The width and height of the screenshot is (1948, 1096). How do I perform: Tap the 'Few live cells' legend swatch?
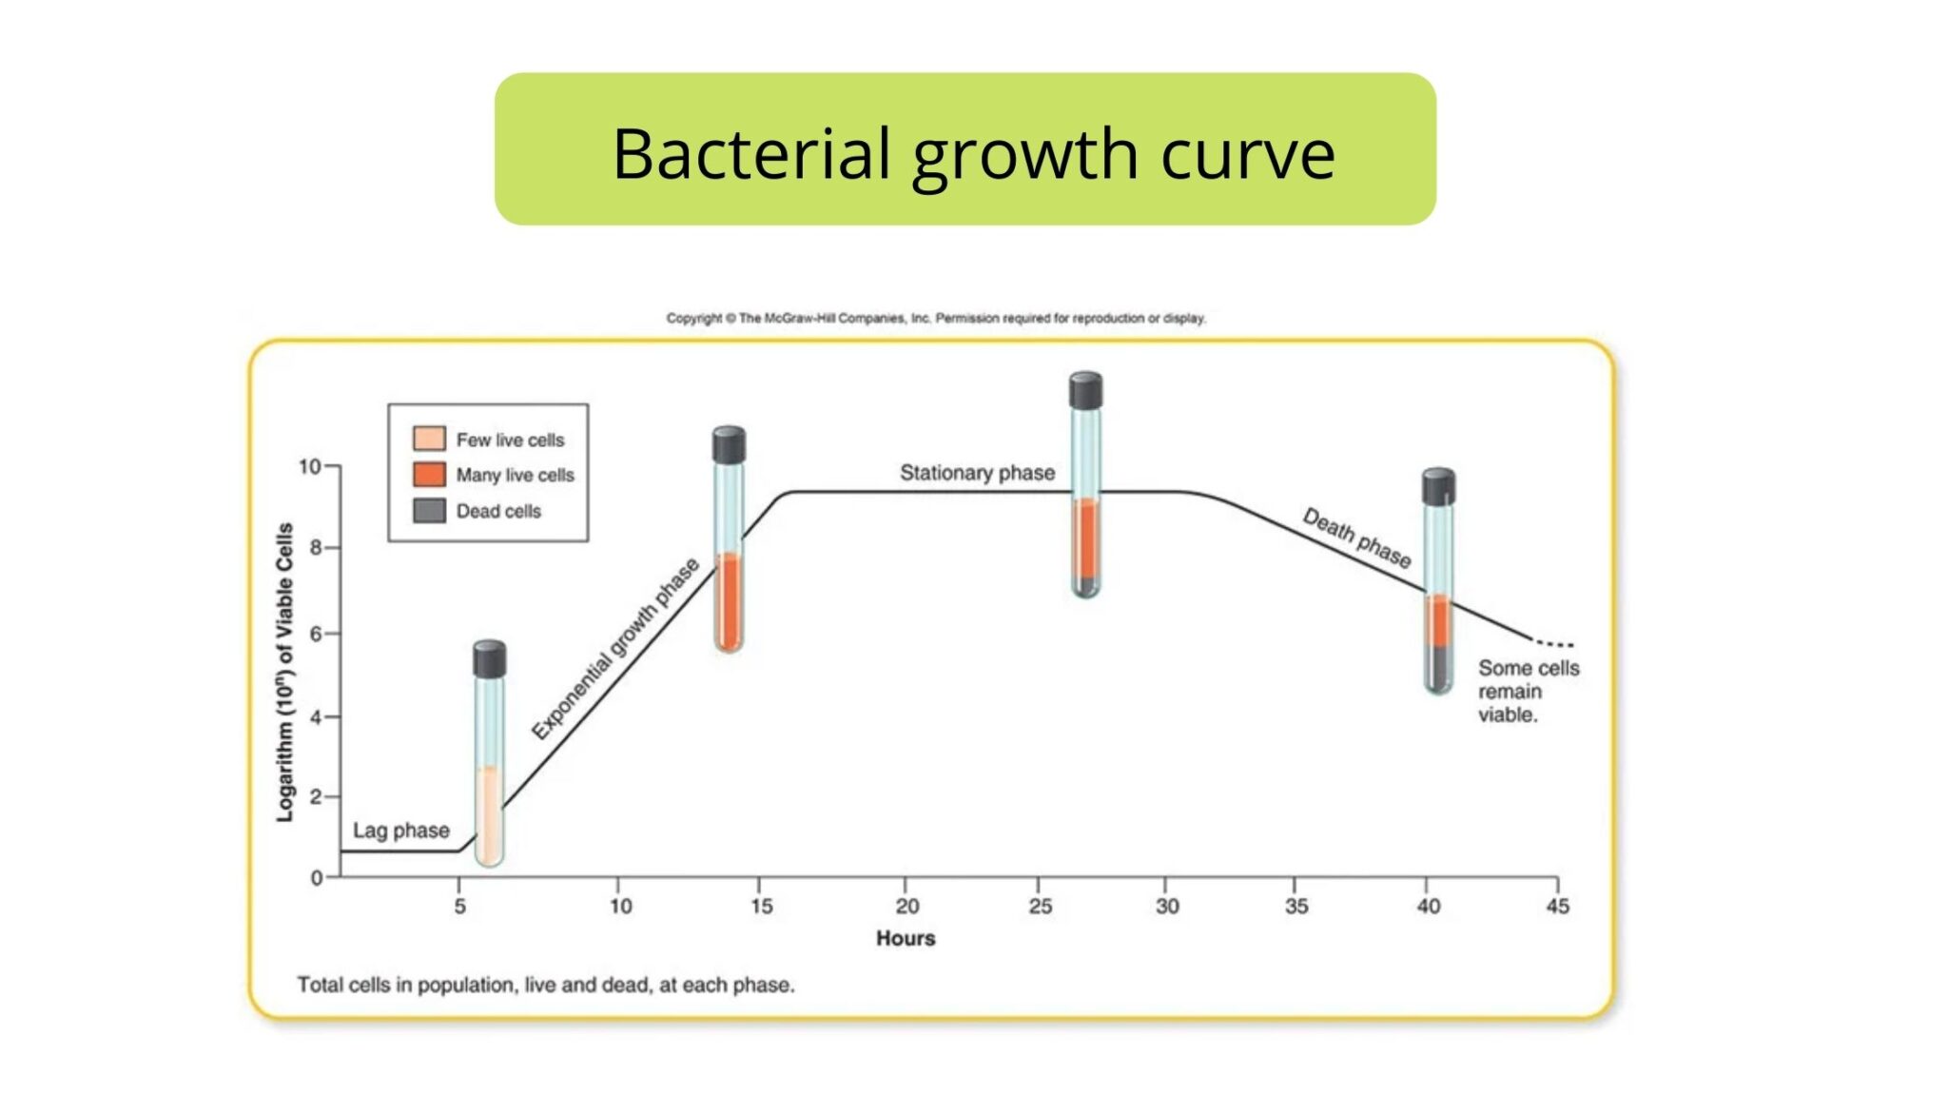tap(429, 439)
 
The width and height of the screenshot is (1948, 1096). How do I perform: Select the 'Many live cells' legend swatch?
tap(429, 475)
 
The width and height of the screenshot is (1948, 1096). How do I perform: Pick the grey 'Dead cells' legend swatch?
tap(429, 511)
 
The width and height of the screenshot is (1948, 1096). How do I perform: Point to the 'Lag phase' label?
tap(400, 831)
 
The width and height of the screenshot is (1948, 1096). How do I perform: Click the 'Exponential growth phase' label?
tap(614, 649)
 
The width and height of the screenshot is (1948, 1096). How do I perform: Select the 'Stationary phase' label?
tap(977, 473)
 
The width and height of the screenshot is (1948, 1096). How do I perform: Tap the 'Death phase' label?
tap(1356, 538)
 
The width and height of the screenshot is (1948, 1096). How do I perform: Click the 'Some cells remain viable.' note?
tap(1528, 692)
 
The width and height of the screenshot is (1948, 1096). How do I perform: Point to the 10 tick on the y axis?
tap(310, 466)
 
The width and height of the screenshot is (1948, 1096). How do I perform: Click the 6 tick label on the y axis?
tap(316, 633)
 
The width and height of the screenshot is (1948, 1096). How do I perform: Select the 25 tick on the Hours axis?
tap(1040, 906)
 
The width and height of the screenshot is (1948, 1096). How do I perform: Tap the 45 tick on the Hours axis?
tap(1557, 906)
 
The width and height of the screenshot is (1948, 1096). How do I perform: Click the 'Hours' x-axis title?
tap(906, 938)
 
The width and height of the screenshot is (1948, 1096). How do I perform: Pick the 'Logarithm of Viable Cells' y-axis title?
tap(284, 672)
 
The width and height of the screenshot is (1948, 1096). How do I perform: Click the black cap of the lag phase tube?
tap(489, 658)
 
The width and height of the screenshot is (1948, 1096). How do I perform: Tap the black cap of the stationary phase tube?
tap(1085, 390)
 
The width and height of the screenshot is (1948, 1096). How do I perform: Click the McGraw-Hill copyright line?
tap(936, 318)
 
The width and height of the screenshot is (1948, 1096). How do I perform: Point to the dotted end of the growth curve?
tap(1555, 644)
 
